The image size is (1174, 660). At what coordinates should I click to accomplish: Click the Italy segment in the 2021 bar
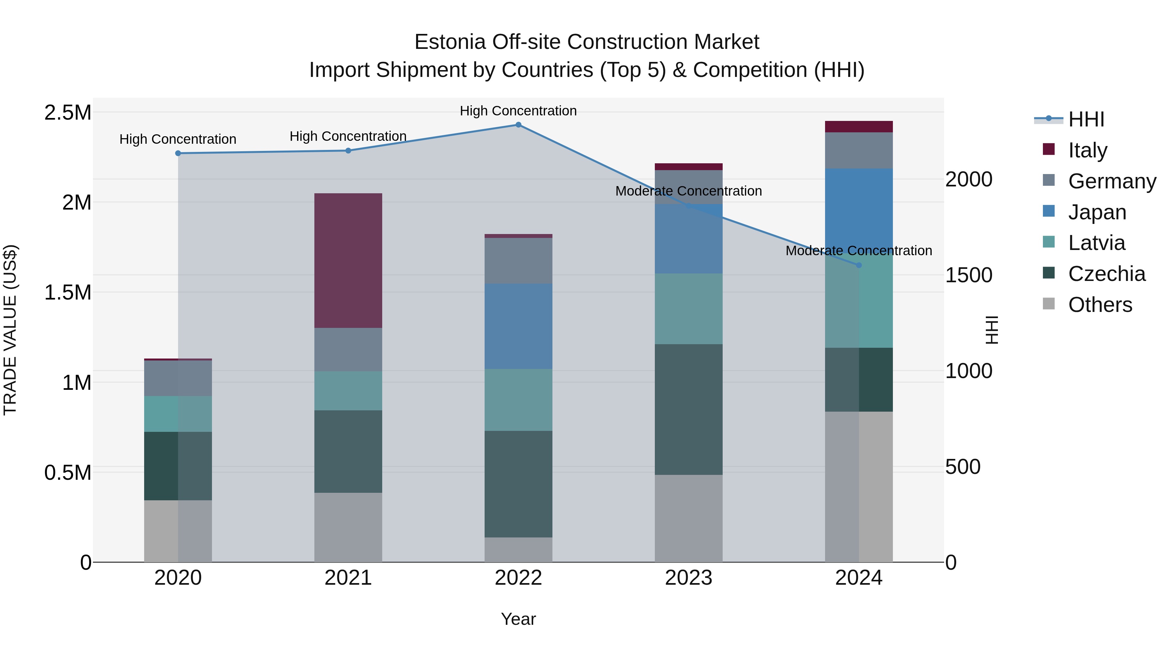348,260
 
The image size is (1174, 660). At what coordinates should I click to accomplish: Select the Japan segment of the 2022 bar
518,326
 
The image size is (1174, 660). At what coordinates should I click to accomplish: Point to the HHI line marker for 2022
518,125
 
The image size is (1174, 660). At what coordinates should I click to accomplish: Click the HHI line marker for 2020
178,154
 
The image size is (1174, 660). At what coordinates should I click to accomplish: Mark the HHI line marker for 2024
859,265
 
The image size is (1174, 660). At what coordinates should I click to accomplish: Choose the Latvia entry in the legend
1096,243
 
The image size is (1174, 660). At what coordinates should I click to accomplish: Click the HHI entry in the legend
1086,119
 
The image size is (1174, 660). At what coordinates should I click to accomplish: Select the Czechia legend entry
1106,274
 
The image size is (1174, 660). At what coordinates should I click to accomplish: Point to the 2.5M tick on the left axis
68,112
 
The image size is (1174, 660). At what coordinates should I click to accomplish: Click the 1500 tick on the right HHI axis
969,275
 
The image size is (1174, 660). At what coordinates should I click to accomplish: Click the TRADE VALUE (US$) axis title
10,330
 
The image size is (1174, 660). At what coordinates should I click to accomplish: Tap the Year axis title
518,619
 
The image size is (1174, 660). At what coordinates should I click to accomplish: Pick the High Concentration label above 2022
518,111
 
